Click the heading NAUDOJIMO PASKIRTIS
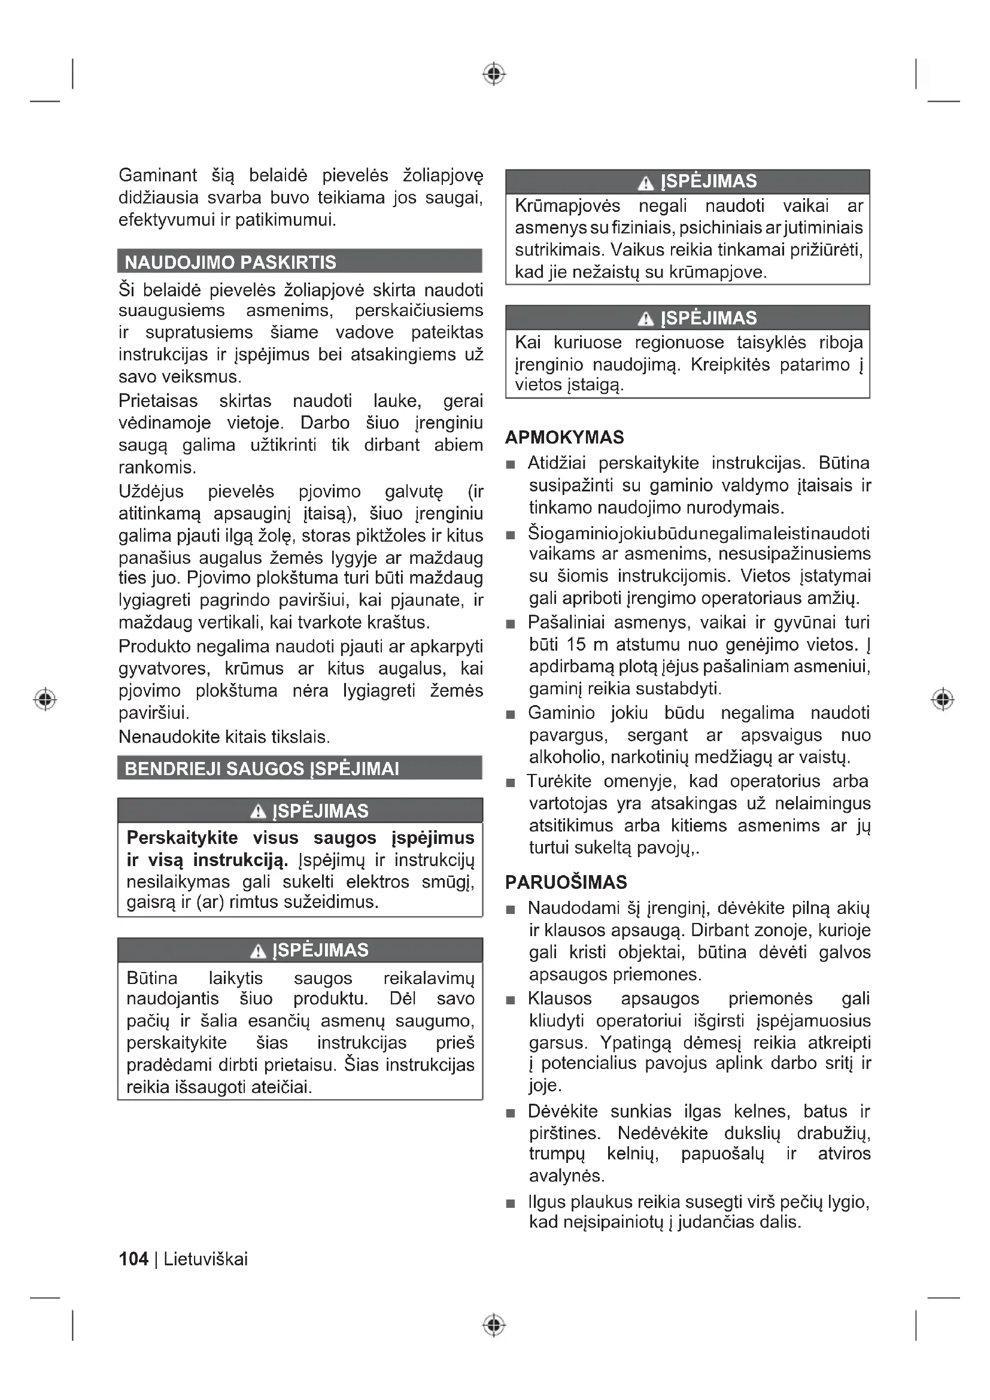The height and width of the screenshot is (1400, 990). [230, 262]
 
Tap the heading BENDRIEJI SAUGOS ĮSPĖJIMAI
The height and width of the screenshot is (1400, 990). [262, 769]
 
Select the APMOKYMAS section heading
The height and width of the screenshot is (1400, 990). [564, 437]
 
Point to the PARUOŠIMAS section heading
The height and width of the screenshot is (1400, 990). [566, 882]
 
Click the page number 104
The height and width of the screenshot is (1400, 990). [133, 1259]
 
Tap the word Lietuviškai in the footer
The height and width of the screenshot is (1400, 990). [205, 1259]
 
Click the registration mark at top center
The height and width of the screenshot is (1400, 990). [494, 74]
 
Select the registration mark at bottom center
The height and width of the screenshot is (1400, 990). [494, 1325]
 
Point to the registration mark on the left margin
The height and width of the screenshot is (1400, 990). [45, 699]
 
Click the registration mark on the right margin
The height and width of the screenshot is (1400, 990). [943, 699]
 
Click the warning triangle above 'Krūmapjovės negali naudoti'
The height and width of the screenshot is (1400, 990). [645, 183]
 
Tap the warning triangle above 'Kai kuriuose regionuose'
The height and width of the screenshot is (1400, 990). [645, 319]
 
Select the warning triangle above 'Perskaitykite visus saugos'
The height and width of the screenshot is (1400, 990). [259, 812]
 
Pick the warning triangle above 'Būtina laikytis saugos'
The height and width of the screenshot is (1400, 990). [259, 950]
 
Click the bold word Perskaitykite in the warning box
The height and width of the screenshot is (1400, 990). [174, 838]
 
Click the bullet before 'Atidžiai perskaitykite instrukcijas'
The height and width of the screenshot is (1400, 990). [511, 465]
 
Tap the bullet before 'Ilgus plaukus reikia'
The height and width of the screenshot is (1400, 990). [511, 1204]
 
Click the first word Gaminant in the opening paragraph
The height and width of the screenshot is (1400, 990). [158, 175]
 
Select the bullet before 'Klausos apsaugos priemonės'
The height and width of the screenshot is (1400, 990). [511, 1001]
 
